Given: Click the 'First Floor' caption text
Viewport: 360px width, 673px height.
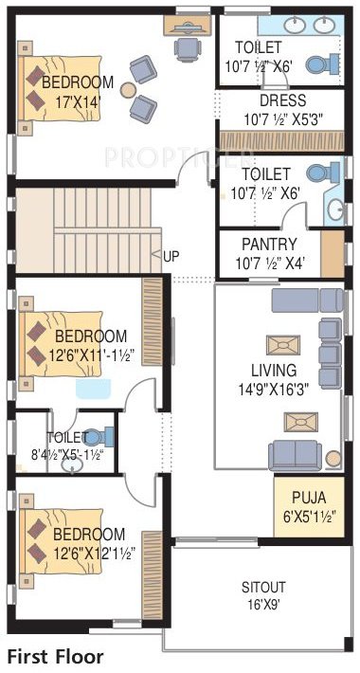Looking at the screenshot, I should [x=55, y=656].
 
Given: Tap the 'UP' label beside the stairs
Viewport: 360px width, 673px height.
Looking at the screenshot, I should [x=171, y=256].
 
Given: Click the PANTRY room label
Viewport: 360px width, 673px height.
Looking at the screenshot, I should [x=269, y=244].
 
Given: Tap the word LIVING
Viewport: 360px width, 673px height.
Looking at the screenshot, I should [x=273, y=370].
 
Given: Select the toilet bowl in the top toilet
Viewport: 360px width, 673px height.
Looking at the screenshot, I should [x=327, y=64].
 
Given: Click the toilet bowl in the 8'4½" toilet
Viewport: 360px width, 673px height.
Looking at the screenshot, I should [x=103, y=437].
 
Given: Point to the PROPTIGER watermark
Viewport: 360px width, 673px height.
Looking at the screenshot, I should [x=180, y=154].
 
